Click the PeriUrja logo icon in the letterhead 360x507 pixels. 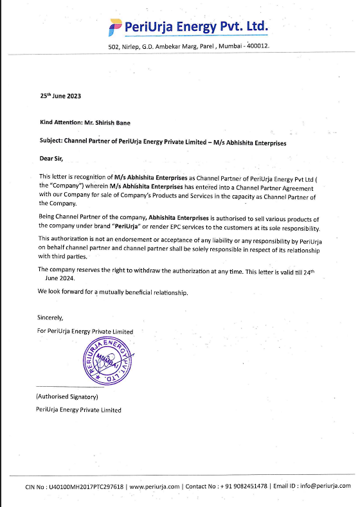point(116,26)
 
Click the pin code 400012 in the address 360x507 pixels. point(254,46)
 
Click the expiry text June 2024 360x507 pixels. point(60,279)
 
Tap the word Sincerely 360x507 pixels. point(51,317)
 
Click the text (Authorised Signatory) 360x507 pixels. point(66,397)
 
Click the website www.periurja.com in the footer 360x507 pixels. point(154,486)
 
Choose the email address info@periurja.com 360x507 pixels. point(327,486)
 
